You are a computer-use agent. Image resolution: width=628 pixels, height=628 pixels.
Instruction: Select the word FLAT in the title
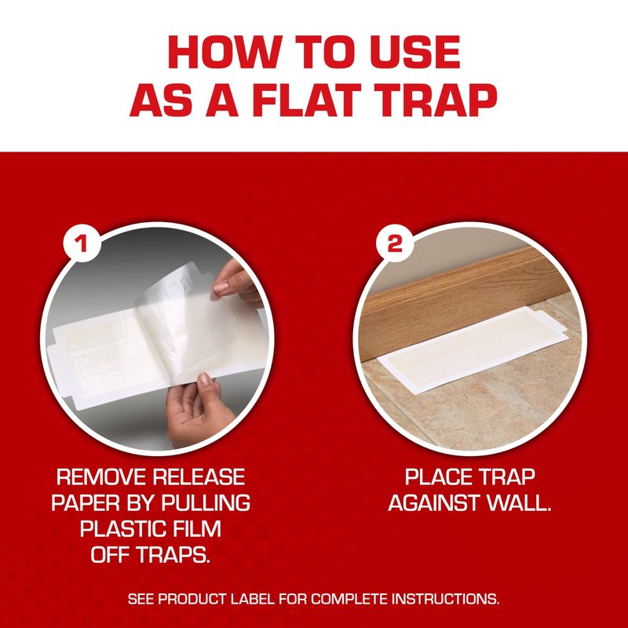tap(306, 100)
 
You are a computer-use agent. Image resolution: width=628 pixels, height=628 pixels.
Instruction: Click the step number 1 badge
tap(82, 243)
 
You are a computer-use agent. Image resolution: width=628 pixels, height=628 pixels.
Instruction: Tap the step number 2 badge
tap(395, 243)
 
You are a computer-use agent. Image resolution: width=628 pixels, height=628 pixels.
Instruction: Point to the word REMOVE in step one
tap(101, 477)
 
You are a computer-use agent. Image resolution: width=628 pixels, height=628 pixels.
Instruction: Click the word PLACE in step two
tap(438, 477)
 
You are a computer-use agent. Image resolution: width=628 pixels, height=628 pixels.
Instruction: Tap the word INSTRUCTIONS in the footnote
tap(445, 600)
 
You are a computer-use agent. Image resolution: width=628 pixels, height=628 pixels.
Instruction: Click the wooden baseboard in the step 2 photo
tap(461, 305)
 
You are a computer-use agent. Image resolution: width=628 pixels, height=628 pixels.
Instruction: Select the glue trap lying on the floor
tap(473, 349)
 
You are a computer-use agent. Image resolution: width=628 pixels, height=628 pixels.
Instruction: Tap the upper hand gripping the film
tap(236, 280)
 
